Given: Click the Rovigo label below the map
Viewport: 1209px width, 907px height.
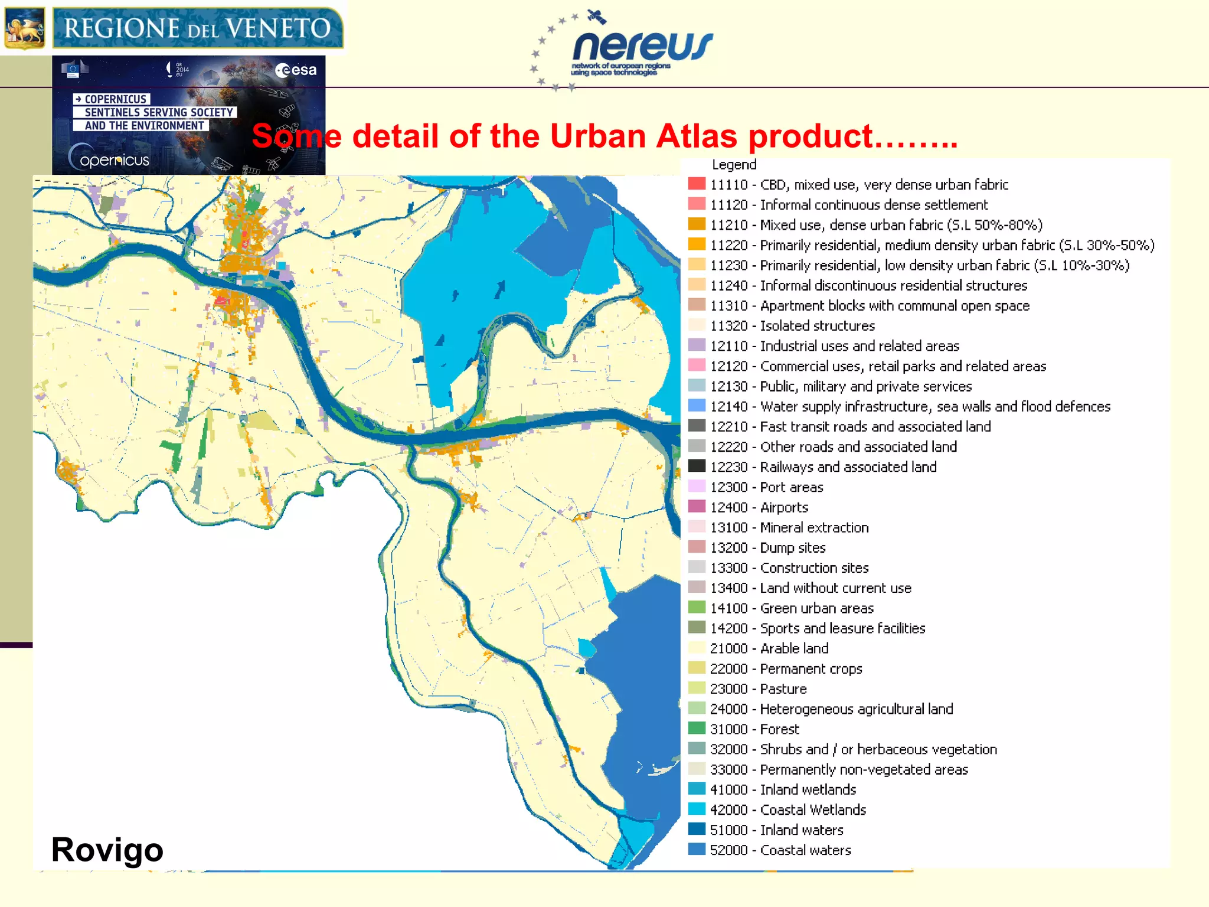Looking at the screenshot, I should pyautogui.click(x=107, y=849).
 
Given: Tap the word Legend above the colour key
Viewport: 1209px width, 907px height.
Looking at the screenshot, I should pyautogui.click(x=734, y=165).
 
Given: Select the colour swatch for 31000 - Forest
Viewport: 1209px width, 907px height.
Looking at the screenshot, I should pyautogui.click(x=697, y=729).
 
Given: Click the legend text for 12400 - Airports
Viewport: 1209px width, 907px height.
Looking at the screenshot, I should pyautogui.click(x=759, y=507).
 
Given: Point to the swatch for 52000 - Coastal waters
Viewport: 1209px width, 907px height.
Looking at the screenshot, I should pyautogui.click(x=697, y=850).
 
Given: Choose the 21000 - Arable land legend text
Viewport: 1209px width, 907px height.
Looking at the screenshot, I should pyautogui.click(x=769, y=648).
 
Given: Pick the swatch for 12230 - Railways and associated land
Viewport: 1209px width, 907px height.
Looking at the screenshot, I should pyautogui.click(x=697, y=466).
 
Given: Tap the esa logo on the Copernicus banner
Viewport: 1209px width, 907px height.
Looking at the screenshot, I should pyautogui.click(x=296, y=70).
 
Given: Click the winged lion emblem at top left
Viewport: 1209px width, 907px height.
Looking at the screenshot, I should pyautogui.click(x=24, y=28).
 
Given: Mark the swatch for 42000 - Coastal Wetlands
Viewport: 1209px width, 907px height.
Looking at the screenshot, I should pyautogui.click(x=697, y=810).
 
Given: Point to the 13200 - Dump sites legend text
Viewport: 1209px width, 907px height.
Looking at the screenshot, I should pyautogui.click(x=767, y=547).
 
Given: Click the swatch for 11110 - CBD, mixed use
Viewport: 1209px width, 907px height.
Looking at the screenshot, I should pyautogui.click(x=697, y=184).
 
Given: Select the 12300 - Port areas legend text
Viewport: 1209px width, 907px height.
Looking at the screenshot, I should pyautogui.click(x=766, y=487).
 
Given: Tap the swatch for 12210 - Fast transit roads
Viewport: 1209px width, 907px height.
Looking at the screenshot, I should pyautogui.click(x=697, y=426).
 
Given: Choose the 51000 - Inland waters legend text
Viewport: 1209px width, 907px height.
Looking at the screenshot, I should pyautogui.click(x=776, y=830).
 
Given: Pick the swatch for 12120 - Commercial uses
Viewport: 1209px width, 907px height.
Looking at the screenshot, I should pyautogui.click(x=697, y=366).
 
